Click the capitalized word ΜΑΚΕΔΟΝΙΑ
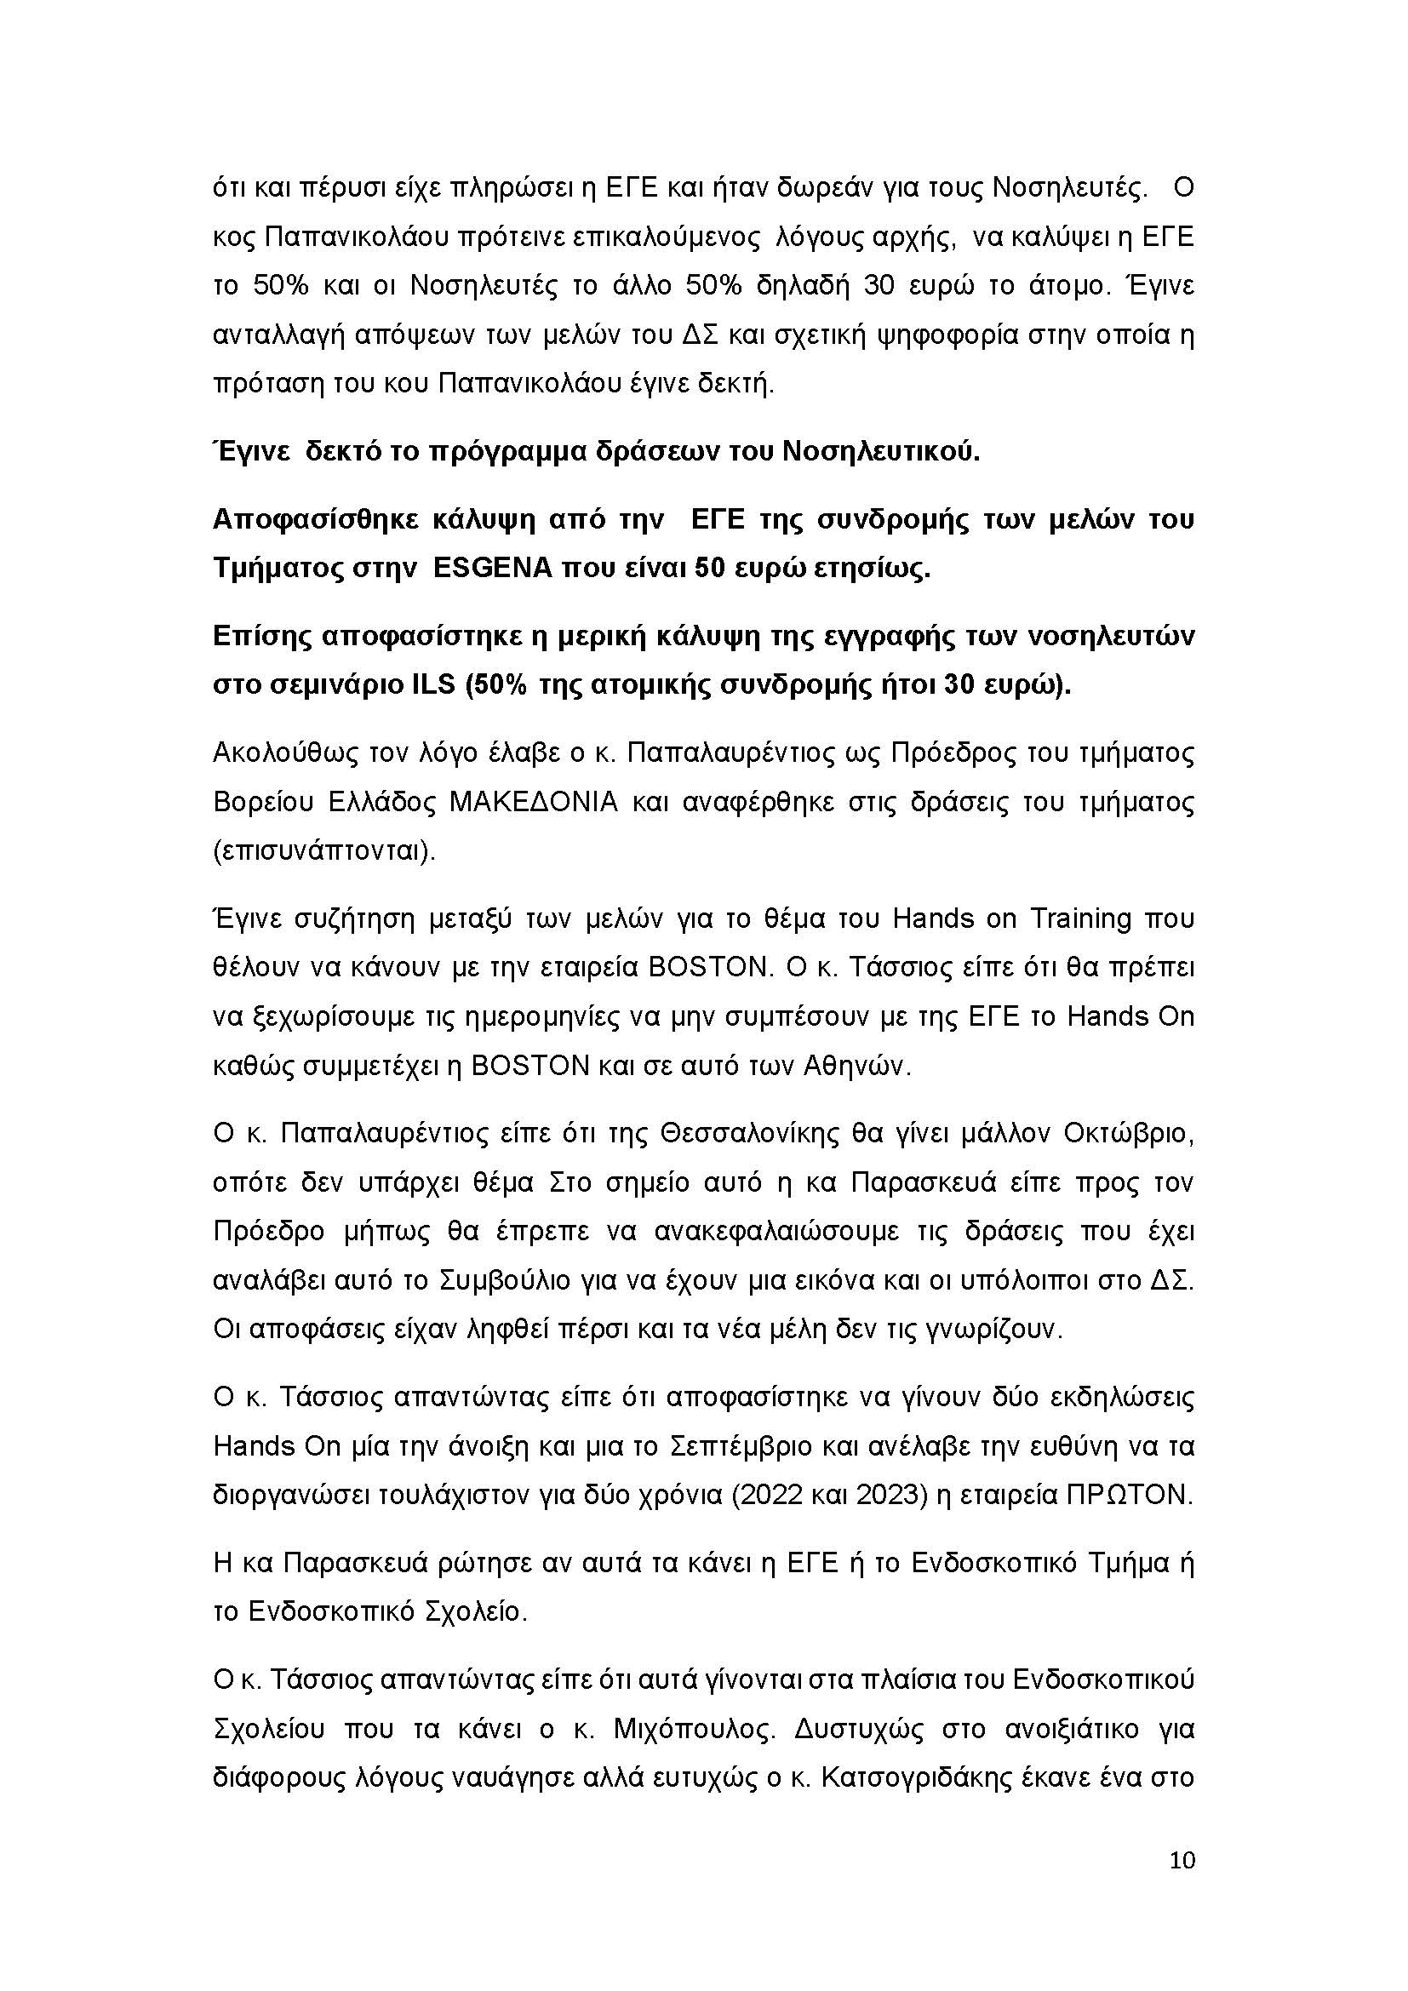(x=533, y=802)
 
